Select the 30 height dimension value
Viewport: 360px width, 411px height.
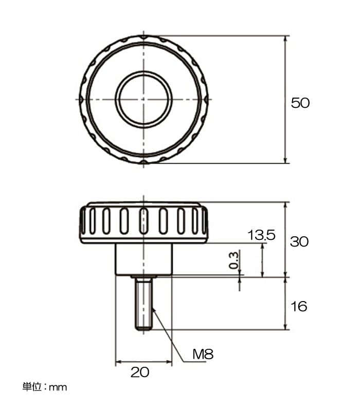pyautogui.click(x=299, y=241)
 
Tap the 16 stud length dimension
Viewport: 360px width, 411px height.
pyautogui.click(x=299, y=306)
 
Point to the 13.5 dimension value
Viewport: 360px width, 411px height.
pyautogui.click(x=261, y=235)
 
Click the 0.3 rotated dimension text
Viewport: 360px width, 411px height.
pyautogui.click(x=234, y=260)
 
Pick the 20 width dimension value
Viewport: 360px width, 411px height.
pyautogui.click(x=140, y=372)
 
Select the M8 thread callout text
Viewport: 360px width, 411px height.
pyautogui.click(x=203, y=354)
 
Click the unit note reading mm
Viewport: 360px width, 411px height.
pyautogui.click(x=58, y=388)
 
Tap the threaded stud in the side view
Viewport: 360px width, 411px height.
pyautogui.click(x=144, y=304)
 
